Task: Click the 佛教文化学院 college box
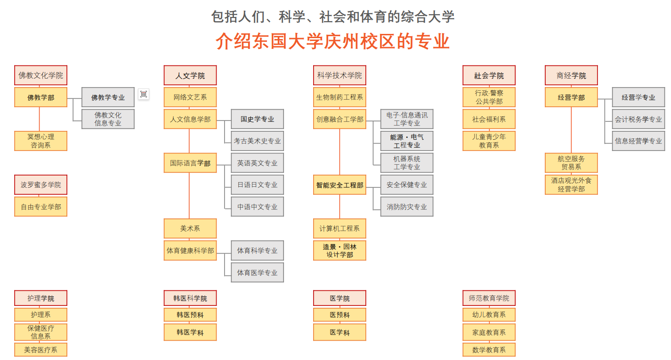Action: pos(41,75)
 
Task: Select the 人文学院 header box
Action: pos(190,75)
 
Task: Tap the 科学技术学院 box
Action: pos(340,75)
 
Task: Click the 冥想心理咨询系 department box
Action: pos(41,141)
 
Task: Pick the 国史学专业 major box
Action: pos(257,119)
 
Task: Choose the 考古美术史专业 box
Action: pos(257,141)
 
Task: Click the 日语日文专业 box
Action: pos(257,184)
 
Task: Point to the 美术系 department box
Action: pos(190,229)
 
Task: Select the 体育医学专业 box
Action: pos(257,272)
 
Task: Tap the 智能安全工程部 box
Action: pos(340,184)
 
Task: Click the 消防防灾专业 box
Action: pos(407,207)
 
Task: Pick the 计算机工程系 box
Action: pos(340,229)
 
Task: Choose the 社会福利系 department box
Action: pos(489,119)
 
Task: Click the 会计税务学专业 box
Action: pos(639,119)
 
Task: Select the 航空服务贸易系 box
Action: pos(571,163)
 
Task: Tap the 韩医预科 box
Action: pos(190,315)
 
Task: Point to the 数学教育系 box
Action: pos(489,350)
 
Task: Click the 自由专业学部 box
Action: pos(41,207)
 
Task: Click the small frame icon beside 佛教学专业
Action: pos(144,94)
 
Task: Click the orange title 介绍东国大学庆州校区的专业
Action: pos(332,41)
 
